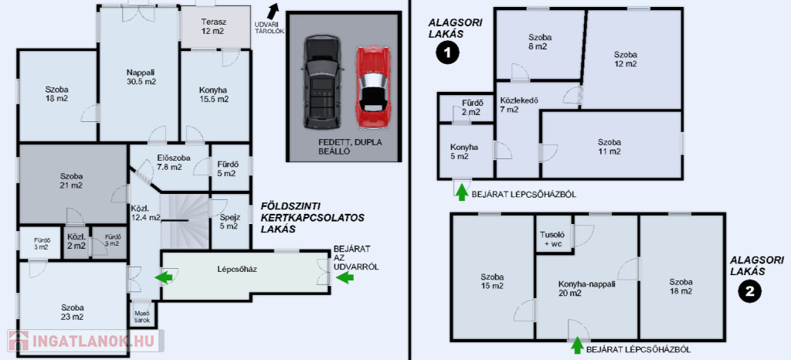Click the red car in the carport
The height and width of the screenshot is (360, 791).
click(x=372, y=88)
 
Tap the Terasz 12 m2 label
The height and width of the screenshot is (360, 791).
click(x=212, y=26)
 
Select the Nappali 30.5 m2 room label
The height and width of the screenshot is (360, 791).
click(x=141, y=76)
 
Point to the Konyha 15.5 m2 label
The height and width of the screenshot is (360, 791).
click(x=213, y=93)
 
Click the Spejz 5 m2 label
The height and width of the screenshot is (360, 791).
click(x=229, y=222)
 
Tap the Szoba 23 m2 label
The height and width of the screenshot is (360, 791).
click(x=73, y=311)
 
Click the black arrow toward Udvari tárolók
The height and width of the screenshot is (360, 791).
click(x=272, y=12)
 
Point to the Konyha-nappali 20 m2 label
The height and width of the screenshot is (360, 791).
click(x=587, y=288)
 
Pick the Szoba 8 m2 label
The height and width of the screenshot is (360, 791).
click(x=538, y=42)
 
